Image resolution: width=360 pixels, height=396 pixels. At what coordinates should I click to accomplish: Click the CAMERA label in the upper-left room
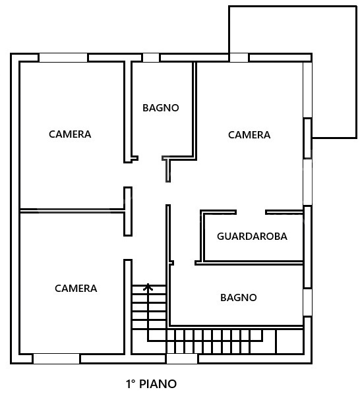pos(70,134)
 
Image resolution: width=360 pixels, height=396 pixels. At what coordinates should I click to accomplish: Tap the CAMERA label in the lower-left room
pos(76,289)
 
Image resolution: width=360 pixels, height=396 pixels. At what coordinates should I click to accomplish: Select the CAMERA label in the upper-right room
pos(249,135)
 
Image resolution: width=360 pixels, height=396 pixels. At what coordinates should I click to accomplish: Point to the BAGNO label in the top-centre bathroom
pos(161,108)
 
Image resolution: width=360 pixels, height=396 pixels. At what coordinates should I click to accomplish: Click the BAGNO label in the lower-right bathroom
pos(238,298)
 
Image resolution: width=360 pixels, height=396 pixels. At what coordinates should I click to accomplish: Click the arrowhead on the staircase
pos(148,287)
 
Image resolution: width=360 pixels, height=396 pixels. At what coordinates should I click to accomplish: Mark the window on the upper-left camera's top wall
pos(63,58)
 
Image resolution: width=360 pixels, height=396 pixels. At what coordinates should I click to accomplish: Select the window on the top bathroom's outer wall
pos(151,58)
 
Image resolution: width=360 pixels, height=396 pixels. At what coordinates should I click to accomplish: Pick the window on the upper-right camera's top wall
pos(239,58)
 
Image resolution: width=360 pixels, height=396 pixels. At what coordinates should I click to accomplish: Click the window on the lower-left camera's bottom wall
pos(56,359)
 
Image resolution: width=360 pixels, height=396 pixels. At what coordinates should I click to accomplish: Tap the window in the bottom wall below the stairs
pos(182,359)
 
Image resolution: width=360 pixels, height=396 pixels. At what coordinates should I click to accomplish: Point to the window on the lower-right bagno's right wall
pos(307,302)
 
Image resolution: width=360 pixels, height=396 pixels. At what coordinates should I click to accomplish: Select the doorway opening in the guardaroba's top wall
pos(251,212)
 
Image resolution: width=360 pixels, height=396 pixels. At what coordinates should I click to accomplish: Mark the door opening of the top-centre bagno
pos(150,158)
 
